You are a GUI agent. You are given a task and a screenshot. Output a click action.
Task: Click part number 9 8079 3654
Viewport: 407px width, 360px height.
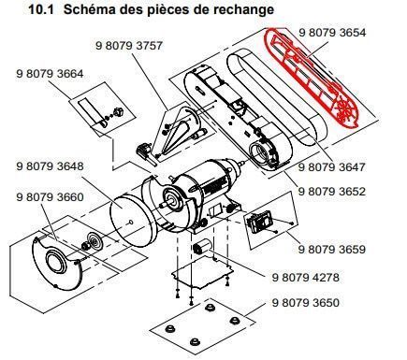pos(332,32)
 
